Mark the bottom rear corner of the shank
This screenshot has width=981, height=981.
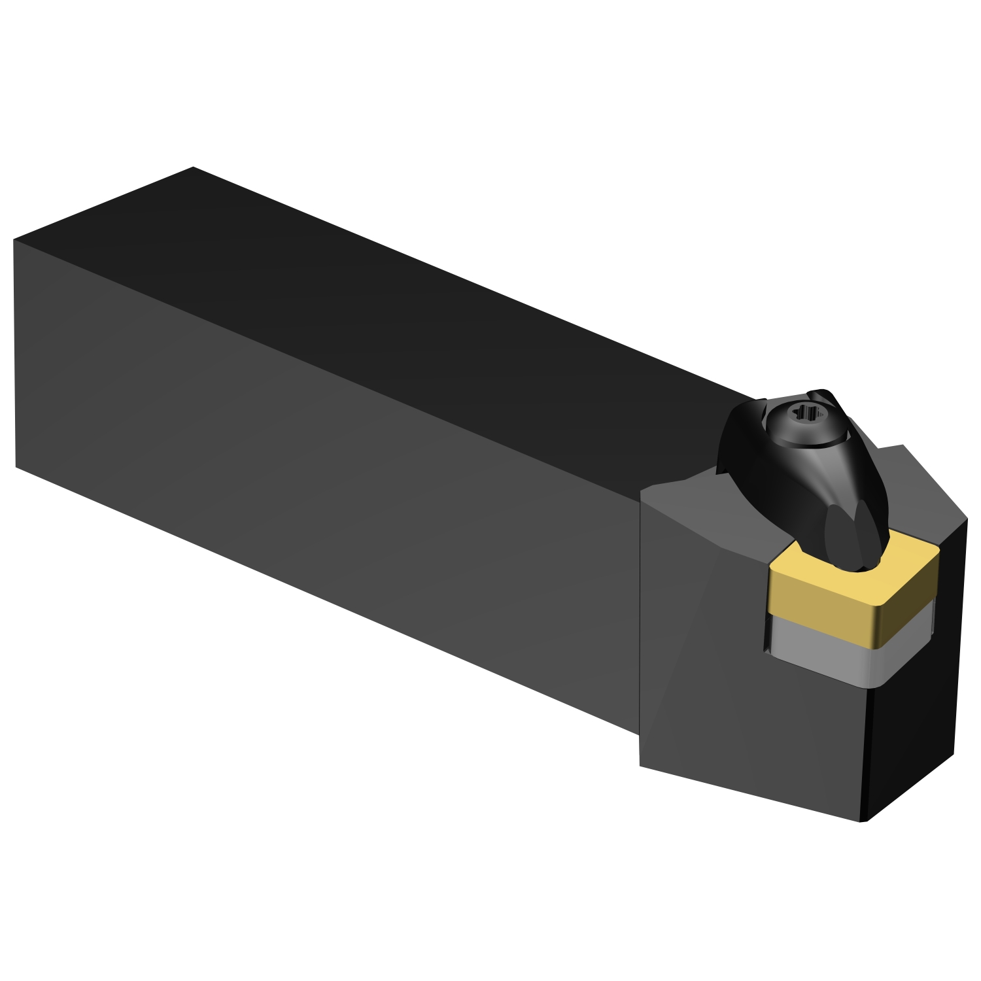coord(16,467)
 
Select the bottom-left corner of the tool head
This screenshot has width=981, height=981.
coord(640,765)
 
